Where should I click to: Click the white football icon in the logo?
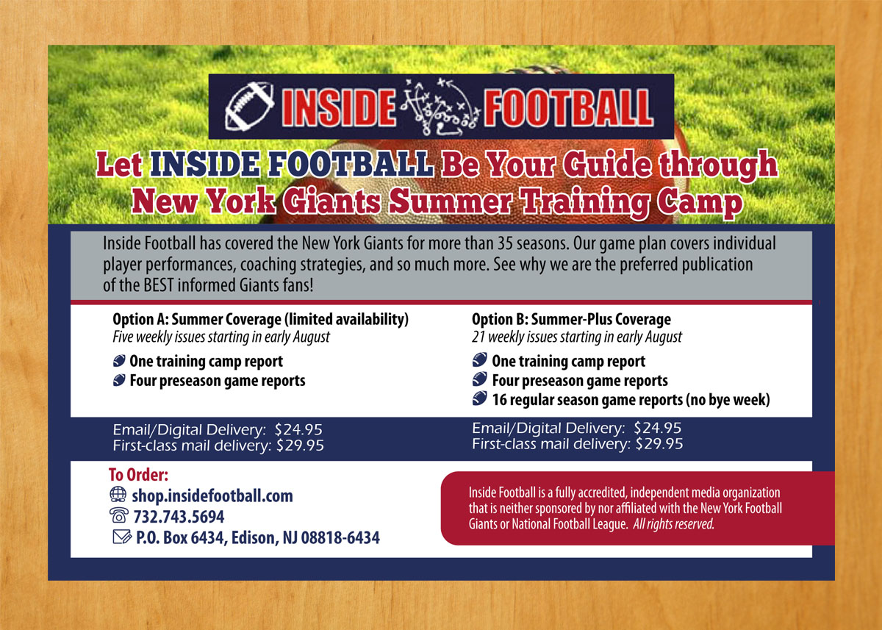click(x=249, y=107)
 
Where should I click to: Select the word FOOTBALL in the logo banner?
click(x=567, y=107)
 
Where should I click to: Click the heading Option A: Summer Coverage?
click(x=260, y=320)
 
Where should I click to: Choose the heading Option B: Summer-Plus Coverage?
click(x=571, y=320)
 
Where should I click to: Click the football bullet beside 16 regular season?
click(x=480, y=399)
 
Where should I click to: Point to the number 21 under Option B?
click(x=478, y=337)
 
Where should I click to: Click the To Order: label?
click(x=139, y=475)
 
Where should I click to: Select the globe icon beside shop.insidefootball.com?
click(x=117, y=495)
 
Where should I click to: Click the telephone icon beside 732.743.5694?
click(x=118, y=516)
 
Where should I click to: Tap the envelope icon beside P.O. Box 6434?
click(x=118, y=537)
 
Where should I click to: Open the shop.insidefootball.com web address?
click(x=211, y=495)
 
